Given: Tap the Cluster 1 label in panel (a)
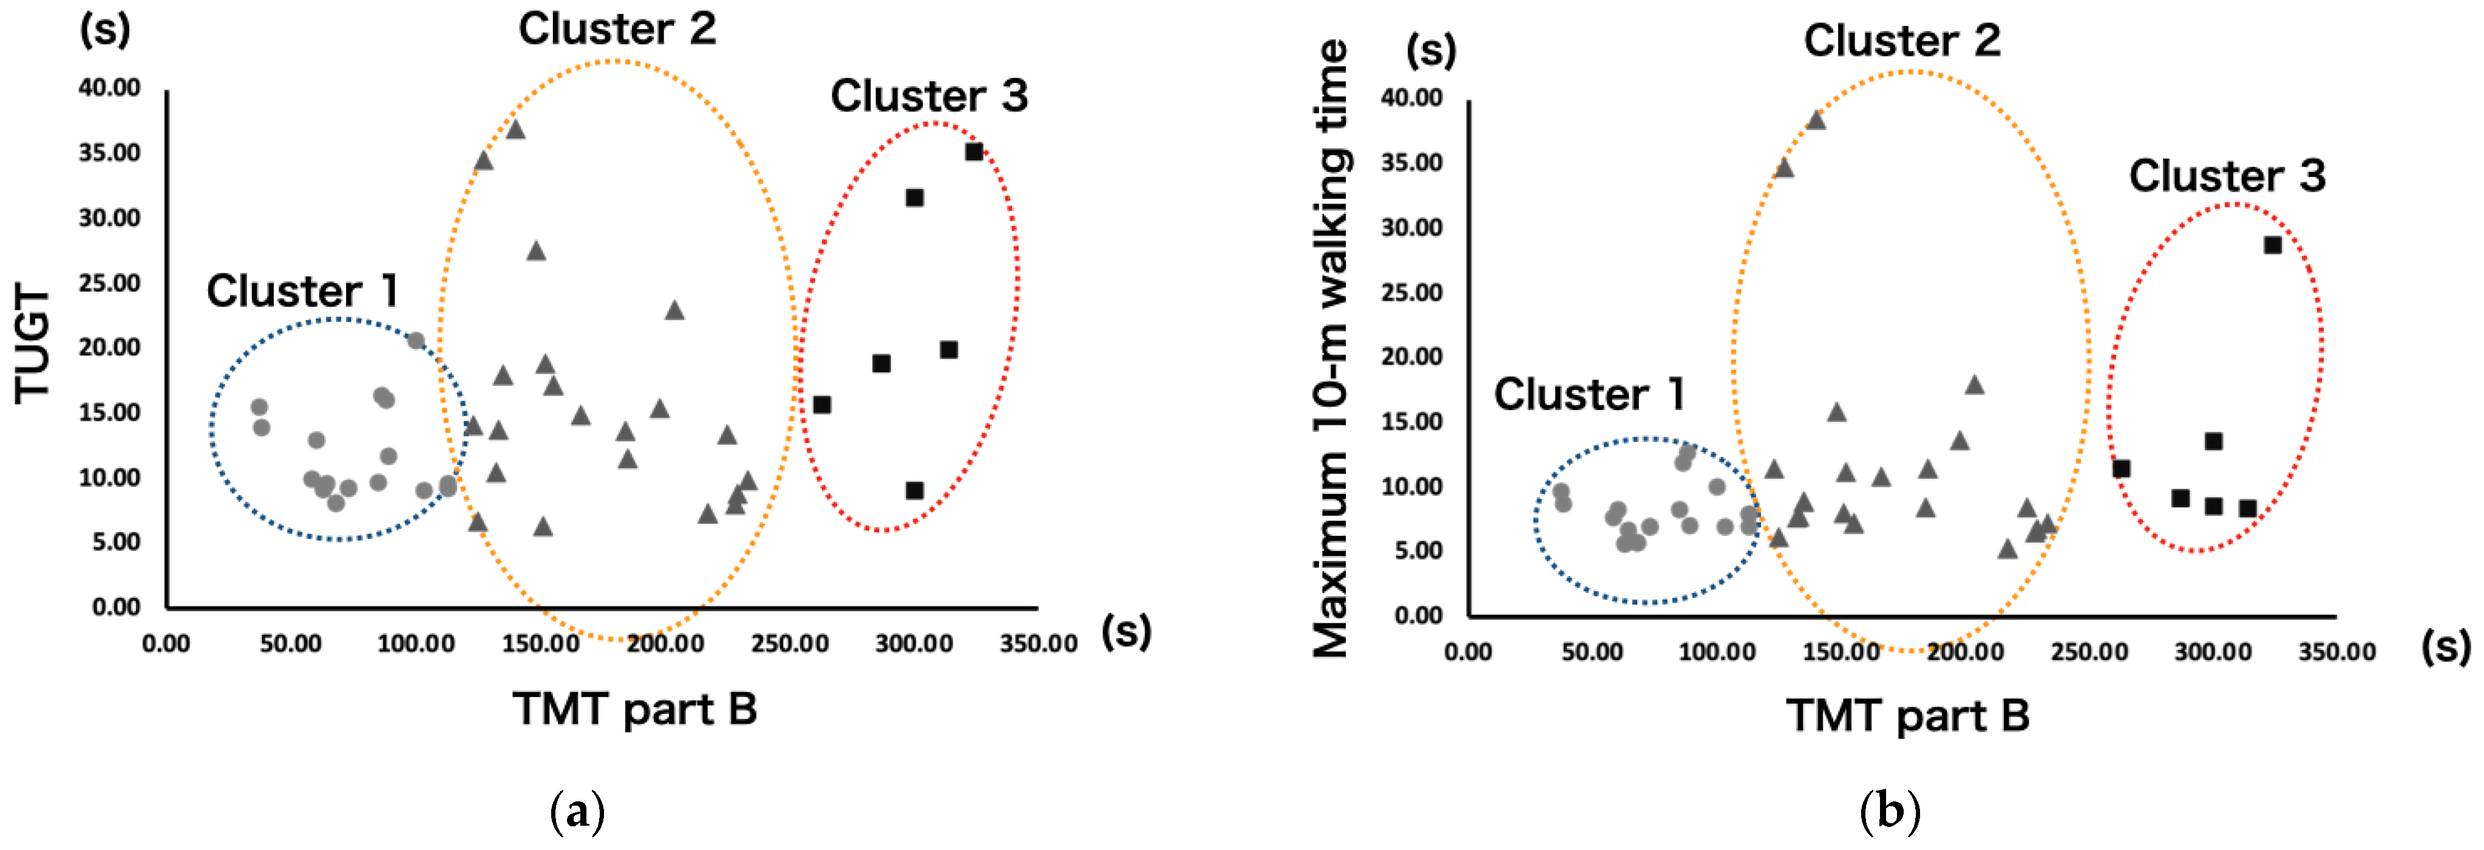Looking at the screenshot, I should pos(302,290).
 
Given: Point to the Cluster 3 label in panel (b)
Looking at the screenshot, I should pos(2227,176).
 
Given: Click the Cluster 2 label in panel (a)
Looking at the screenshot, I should pos(617,29).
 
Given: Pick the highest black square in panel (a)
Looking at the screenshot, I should pos(974,151).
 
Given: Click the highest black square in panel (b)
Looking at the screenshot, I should pos(2273,245).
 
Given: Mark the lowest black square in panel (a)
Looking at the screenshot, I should pos(914,490).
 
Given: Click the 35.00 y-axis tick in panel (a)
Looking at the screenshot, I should pos(110,153).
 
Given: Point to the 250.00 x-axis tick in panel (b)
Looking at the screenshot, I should pos(2089,652).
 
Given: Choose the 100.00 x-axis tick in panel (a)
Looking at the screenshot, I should pos(416,643).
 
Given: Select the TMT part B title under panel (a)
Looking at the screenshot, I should pos(634,709).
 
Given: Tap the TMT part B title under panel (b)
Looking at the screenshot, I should pos(1907,716).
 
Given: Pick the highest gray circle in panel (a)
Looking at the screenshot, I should pos(416,340).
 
